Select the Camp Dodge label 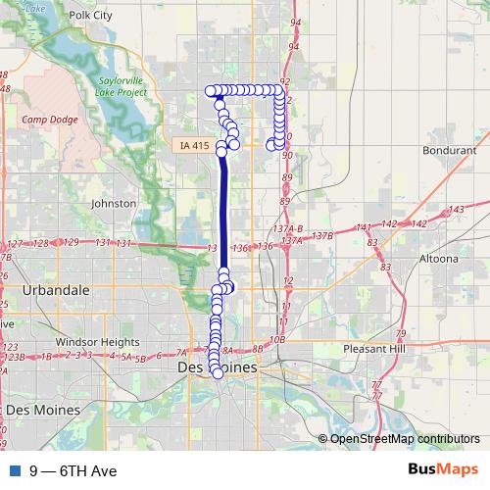pos(46,119)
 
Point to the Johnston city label pos(113,203)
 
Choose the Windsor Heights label pos(98,341)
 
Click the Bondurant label pos(449,151)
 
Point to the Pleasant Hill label pos(381,349)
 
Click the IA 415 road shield pos(195,146)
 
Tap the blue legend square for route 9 pos(12,470)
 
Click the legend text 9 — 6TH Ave pos(73,470)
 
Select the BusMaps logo pos(443,469)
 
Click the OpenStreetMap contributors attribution pos(405,439)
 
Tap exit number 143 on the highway pos(456,210)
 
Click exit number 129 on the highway pos(69,243)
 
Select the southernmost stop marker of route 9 pos(218,373)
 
